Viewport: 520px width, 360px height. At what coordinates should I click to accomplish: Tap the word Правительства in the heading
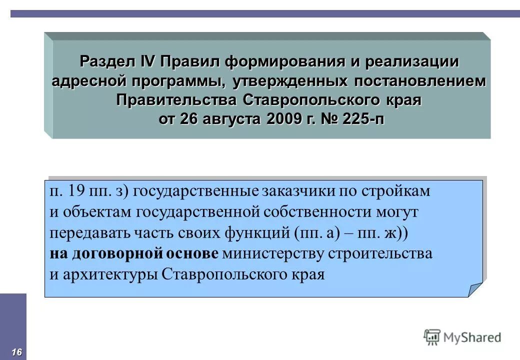point(178,99)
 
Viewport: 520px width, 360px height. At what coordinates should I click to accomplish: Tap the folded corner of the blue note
point(475,289)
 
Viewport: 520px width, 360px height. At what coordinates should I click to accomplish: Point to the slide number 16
point(16,352)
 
